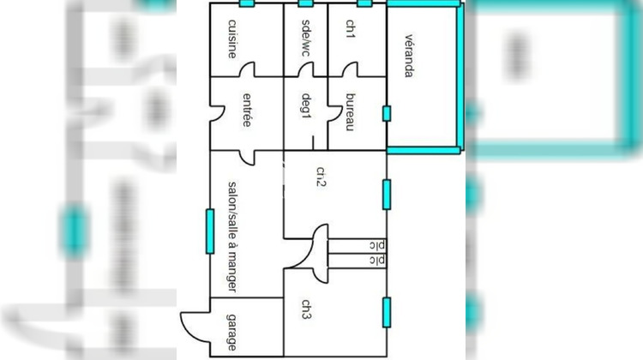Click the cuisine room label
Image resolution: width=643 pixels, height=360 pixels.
click(x=232, y=39)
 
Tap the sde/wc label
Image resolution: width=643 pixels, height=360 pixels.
click(x=306, y=38)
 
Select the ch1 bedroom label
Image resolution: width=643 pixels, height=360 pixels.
click(x=350, y=29)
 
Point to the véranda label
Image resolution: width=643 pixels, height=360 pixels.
click(x=409, y=56)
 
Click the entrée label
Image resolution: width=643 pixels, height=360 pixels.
click(x=246, y=111)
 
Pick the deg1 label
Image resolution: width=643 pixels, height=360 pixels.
click(x=306, y=106)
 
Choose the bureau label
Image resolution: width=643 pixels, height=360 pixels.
click(x=350, y=112)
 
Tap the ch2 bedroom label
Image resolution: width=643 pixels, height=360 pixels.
click(x=321, y=177)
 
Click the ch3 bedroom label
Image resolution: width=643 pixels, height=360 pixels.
click(x=306, y=309)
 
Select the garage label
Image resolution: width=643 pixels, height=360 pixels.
click(x=231, y=333)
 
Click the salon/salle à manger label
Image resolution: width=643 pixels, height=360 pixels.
click(x=232, y=237)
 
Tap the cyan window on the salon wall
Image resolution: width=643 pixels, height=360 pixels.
click(x=210, y=231)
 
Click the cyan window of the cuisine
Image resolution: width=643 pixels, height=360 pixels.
click(x=247, y=3)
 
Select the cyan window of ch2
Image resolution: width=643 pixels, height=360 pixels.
click(x=387, y=195)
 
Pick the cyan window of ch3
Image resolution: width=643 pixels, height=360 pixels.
click(x=387, y=313)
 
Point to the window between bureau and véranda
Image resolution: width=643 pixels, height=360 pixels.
click(x=387, y=114)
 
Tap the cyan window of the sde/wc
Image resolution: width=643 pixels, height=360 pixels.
click(x=306, y=3)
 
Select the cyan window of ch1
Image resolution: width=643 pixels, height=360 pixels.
click(x=364, y=3)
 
